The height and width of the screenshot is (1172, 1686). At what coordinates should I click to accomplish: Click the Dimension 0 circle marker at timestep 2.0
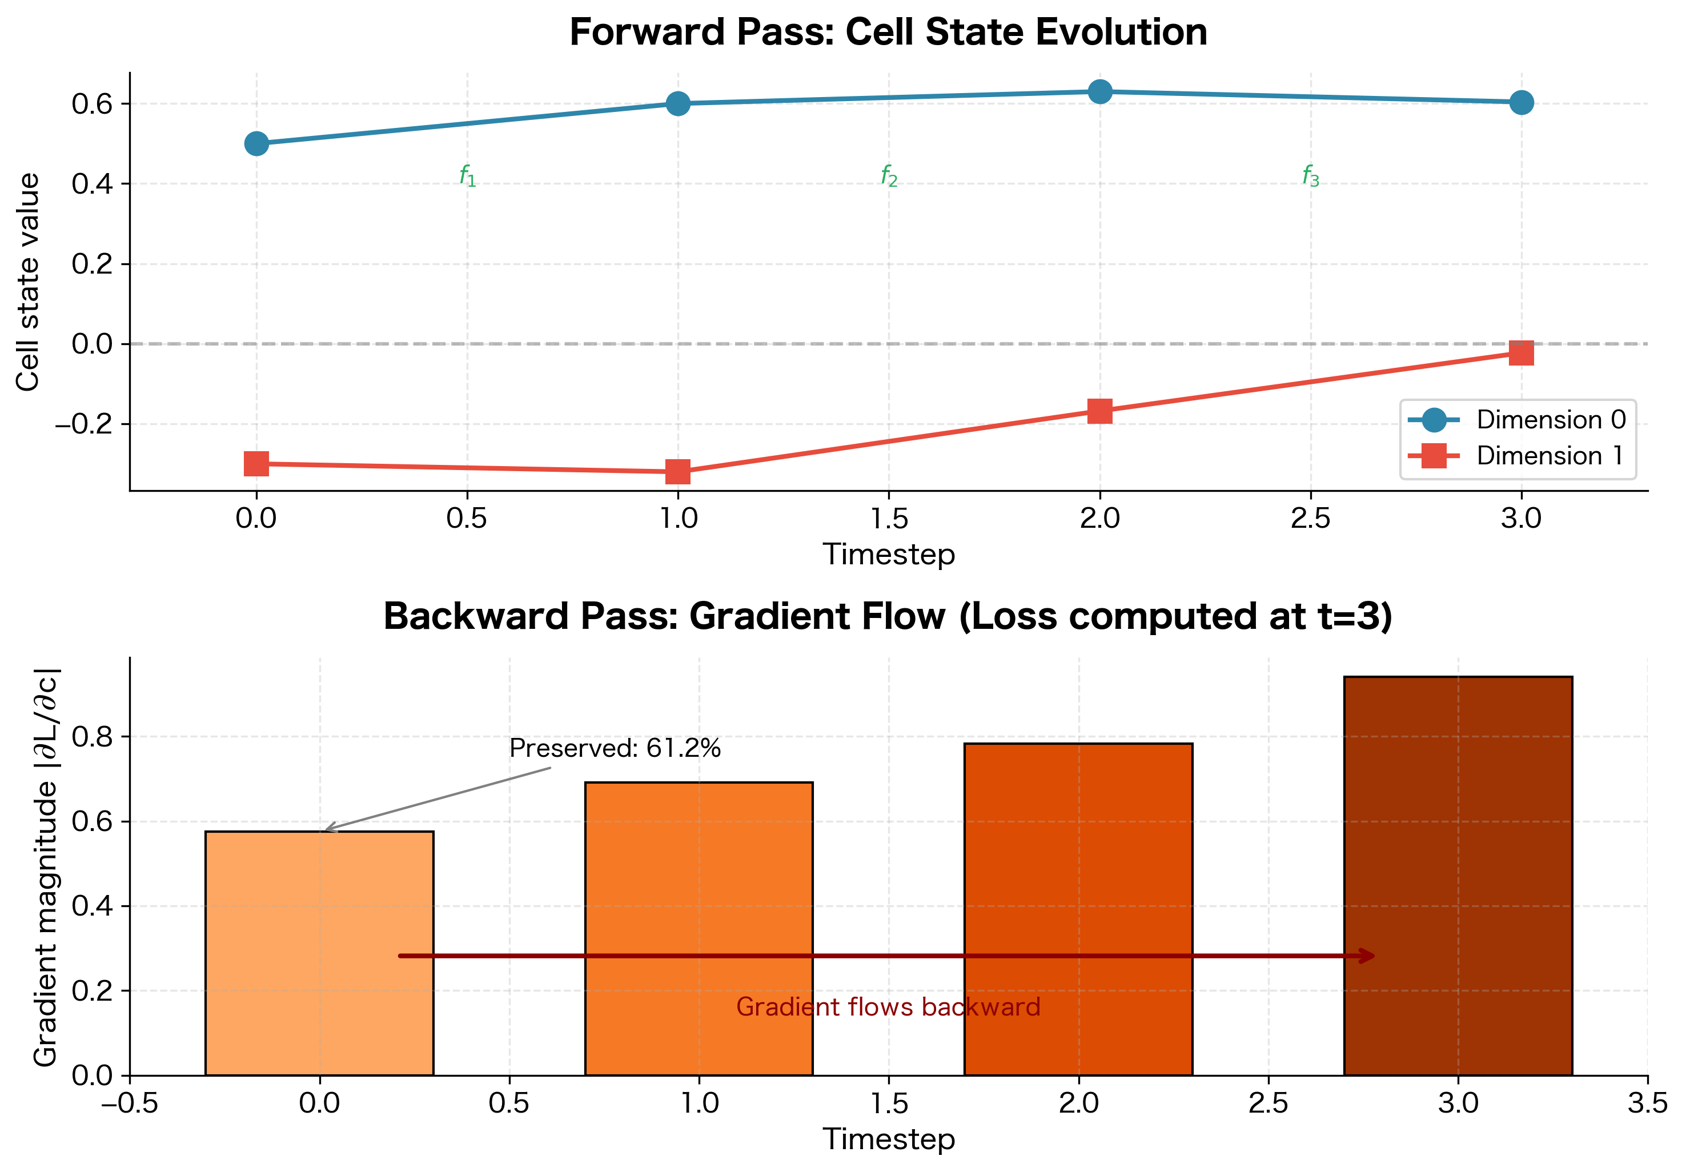[x=1099, y=92]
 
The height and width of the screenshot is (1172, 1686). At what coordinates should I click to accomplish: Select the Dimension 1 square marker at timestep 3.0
[x=1521, y=353]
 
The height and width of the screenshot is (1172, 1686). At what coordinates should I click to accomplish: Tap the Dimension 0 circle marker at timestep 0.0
[x=256, y=144]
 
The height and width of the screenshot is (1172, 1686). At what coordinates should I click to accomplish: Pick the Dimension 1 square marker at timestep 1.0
[x=678, y=472]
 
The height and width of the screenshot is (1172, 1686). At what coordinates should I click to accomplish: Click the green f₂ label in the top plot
[x=889, y=176]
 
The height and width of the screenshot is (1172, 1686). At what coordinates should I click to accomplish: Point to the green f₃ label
[x=1310, y=176]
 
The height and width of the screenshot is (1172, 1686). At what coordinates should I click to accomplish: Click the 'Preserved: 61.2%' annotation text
[x=615, y=748]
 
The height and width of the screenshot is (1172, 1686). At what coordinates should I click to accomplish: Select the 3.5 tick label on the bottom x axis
[x=1647, y=1103]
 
